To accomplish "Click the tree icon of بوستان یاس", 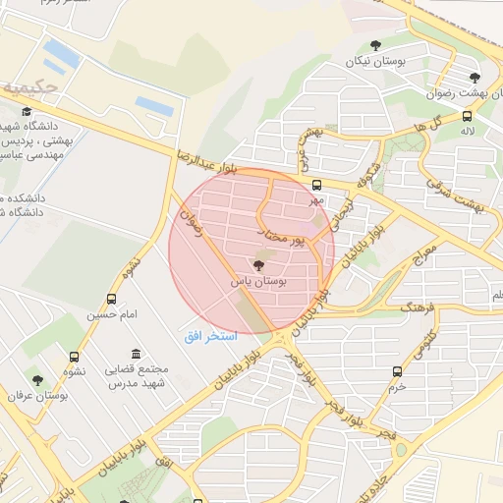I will pos(259,265).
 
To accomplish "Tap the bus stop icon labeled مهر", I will pos(316,185).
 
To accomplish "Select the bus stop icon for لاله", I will pos(466,115).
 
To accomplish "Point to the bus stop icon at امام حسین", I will pos(111,299).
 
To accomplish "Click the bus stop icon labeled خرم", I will pos(397,372).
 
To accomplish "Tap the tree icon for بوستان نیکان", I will pos(375,45).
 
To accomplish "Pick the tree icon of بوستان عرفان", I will pos(37,380).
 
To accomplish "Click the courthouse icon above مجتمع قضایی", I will pos(135,354).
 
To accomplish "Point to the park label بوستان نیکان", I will pos(375,62).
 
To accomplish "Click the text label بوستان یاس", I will pos(258,281).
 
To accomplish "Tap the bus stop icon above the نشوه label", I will pos(75,357).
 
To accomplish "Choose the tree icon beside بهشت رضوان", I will pos(475,78).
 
